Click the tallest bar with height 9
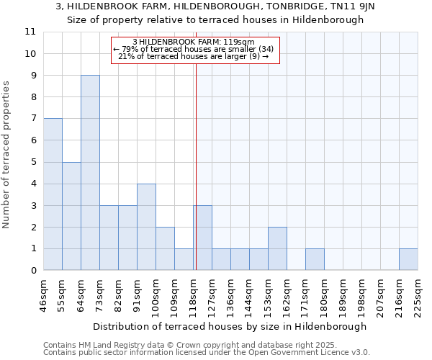point(90,173)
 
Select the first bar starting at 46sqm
point(53,194)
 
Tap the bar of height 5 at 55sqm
point(71,216)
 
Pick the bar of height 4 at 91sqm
point(146,227)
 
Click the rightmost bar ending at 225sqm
point(408,259)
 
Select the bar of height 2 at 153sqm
point(277,248)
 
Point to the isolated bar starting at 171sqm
point(315,259)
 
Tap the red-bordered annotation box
point(194,50)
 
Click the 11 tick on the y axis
point(30,32)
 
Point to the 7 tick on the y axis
point(32,119)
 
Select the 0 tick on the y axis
point(32,271)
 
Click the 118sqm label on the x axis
point(193,293)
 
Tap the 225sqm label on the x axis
point(418,293)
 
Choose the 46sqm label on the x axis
point(43,293)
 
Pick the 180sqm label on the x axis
point(324,293)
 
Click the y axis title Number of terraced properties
point(6,155)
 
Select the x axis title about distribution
point(230,326)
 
